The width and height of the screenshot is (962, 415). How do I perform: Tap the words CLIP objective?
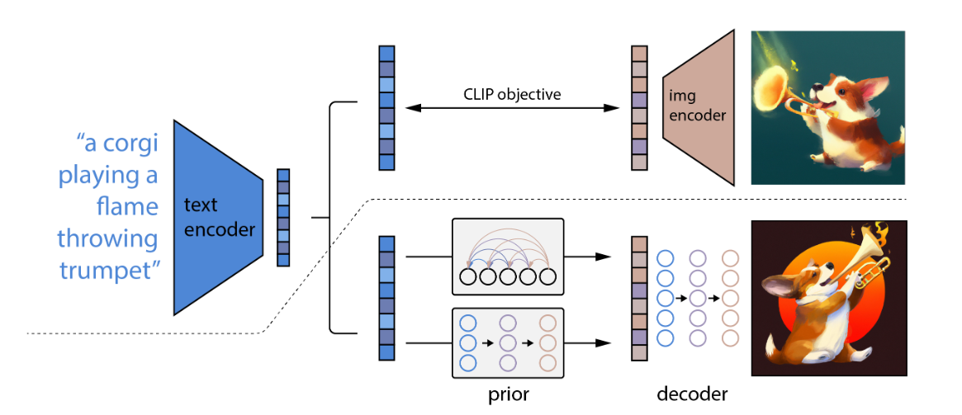(512, 94)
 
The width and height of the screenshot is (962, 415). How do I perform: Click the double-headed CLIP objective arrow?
(512, 108)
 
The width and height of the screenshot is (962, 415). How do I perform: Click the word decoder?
(692, 394)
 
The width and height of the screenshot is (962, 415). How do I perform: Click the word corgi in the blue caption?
(129, 144)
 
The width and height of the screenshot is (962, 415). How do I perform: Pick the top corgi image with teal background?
(827, 107)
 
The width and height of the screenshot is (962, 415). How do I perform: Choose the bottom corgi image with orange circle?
(827, 298)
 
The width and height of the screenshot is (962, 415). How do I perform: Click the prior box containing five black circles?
(508, 257)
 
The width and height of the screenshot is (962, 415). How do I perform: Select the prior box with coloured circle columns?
(508, 342)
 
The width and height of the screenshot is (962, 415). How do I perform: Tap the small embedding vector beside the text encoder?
(283, 217)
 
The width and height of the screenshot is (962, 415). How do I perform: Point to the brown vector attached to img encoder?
(638, 107)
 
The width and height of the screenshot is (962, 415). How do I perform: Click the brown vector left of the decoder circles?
(638, 298)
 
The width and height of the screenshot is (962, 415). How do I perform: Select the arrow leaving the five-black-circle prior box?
(591, 257)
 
